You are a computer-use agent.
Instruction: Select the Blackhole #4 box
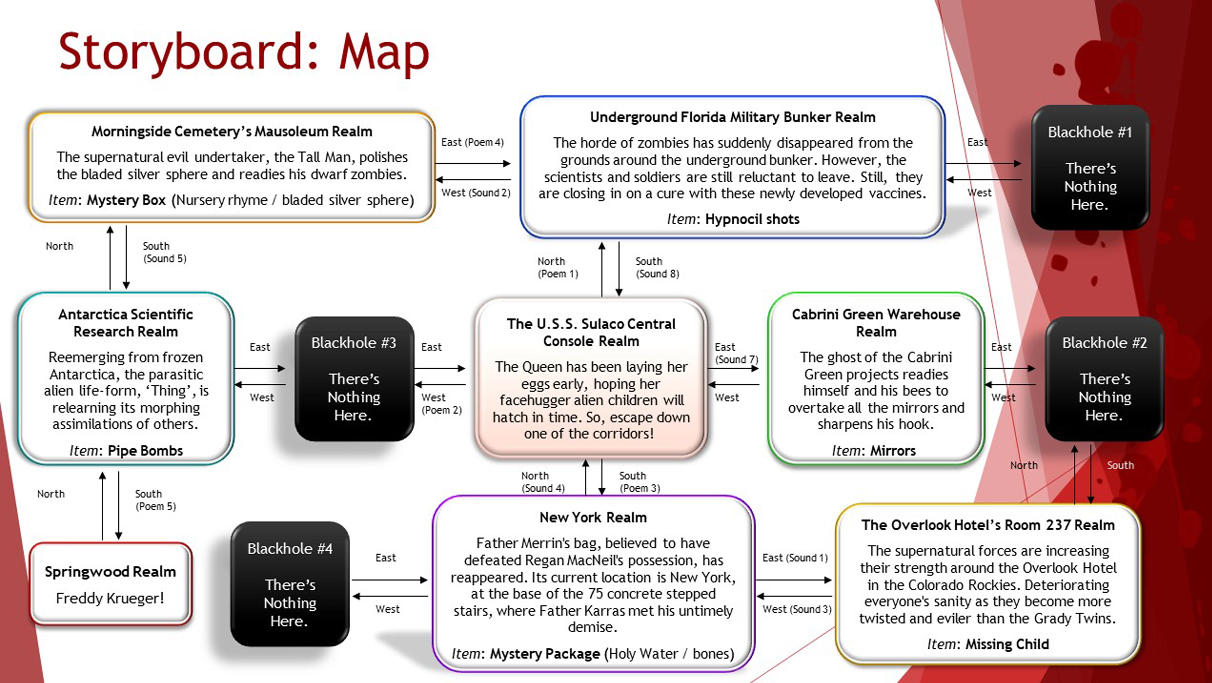[290, 584]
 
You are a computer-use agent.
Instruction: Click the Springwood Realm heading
[110, 571]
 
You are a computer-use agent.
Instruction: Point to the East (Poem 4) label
[472, 142]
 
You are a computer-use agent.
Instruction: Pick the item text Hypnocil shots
[752, 219]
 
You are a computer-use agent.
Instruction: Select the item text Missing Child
[1007, 644]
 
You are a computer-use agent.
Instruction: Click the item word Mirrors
[893, 451]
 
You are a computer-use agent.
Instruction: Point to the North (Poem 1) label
[558, 267]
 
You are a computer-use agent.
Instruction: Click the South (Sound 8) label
[657, 267]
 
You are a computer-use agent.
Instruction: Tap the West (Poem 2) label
[441, 404]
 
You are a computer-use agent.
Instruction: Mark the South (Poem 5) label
[155, 500]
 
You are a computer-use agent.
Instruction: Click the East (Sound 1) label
[795, 558]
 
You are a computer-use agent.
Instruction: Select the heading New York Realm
[593, 517]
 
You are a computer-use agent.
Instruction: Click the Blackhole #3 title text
[353, 343]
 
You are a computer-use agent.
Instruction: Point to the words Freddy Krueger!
[110, 598]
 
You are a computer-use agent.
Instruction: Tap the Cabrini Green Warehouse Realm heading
[875, 323]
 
